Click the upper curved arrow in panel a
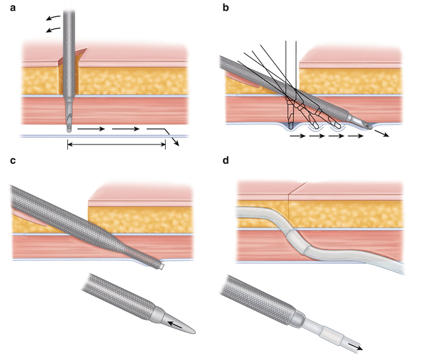pos(55,16)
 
